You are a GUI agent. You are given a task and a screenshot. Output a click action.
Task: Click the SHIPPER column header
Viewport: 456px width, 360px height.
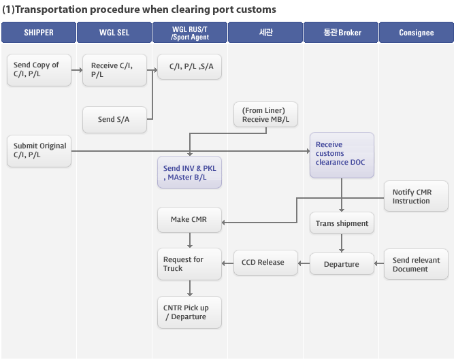point(39,32)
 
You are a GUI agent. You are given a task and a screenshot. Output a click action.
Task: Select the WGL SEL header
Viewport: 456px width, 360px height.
point(114,32)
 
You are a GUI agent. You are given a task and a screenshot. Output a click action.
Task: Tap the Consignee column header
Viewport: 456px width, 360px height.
point(417,32)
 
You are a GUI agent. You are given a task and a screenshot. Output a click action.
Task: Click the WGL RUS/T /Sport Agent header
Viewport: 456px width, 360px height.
point(190,32)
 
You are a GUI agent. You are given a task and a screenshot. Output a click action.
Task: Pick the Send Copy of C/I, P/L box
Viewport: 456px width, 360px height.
point(39,70)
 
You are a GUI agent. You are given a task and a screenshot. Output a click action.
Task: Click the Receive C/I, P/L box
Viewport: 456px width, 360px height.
point(114,70)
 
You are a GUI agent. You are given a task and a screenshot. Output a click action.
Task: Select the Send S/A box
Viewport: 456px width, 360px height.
point(114,120)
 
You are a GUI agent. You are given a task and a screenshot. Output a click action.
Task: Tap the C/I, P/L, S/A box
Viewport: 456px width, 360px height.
point(190,67)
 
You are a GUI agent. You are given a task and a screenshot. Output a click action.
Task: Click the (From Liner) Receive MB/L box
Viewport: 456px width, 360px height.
point(266,114)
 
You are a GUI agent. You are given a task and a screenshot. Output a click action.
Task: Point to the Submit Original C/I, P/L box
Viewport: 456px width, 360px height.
point(39,151)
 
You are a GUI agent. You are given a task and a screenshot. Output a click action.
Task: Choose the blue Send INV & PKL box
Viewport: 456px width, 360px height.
point(190,172)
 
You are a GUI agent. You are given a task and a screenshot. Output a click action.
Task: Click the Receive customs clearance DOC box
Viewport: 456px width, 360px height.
point(342,155)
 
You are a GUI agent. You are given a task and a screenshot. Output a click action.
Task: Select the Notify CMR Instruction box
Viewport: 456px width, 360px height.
point(416,196)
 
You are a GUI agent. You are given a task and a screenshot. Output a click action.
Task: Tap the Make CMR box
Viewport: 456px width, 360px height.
point(190,220)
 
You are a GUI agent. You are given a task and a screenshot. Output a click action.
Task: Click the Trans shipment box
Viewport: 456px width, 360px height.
point(342,223)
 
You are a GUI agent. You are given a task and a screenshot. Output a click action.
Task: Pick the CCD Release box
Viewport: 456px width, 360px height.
point(266,263)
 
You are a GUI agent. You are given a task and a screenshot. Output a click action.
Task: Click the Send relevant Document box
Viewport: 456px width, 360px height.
point(416,264)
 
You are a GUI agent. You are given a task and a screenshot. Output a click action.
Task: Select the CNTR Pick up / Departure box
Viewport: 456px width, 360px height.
point(190,312)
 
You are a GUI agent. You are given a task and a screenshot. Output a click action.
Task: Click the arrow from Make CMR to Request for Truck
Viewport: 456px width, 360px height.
point(190,240)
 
